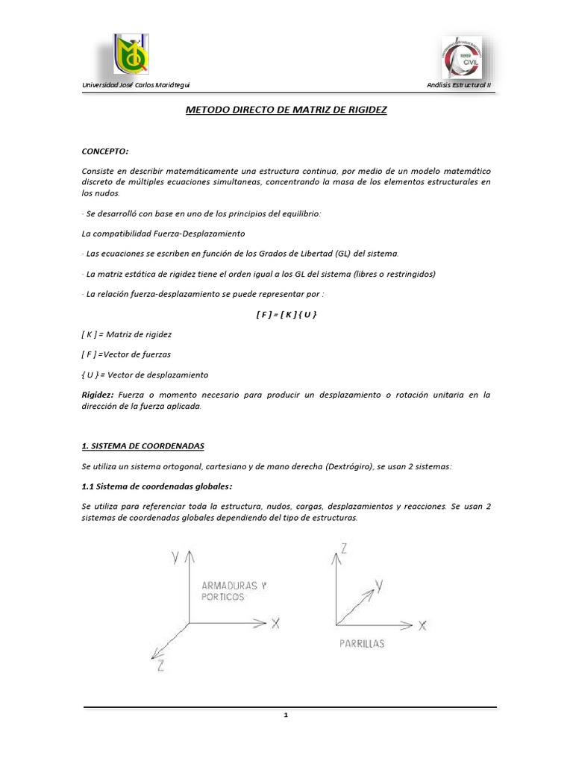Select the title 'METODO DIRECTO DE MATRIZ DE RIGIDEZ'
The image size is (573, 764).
pyautogui.click(x=286, y=110)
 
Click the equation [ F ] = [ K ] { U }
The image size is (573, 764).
pyautogui.click(x=286, y=315)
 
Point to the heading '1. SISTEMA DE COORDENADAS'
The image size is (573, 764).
pyautogui.click(x=143, y=445)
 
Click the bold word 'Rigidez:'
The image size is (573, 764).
pyautogui.click(x=98, y=395)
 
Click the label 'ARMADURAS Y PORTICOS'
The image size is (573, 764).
pyautogui.click(x=234, y=591)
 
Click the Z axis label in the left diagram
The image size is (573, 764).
pyautogui.click(x=160, y=668)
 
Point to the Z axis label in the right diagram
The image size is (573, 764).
pyautogui.click(x=344, y=548)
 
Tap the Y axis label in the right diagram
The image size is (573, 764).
pyautogui.click(x=379, y=587)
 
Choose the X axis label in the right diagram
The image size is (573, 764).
pyautogui.click(x=422, y=626)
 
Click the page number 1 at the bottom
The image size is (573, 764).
pyautogui.click(x=286, y=716)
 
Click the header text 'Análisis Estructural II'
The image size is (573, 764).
pyautogui.click(x=459, y=86)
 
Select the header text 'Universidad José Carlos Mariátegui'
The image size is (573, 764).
pyautogui.click(x=140, y=86)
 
